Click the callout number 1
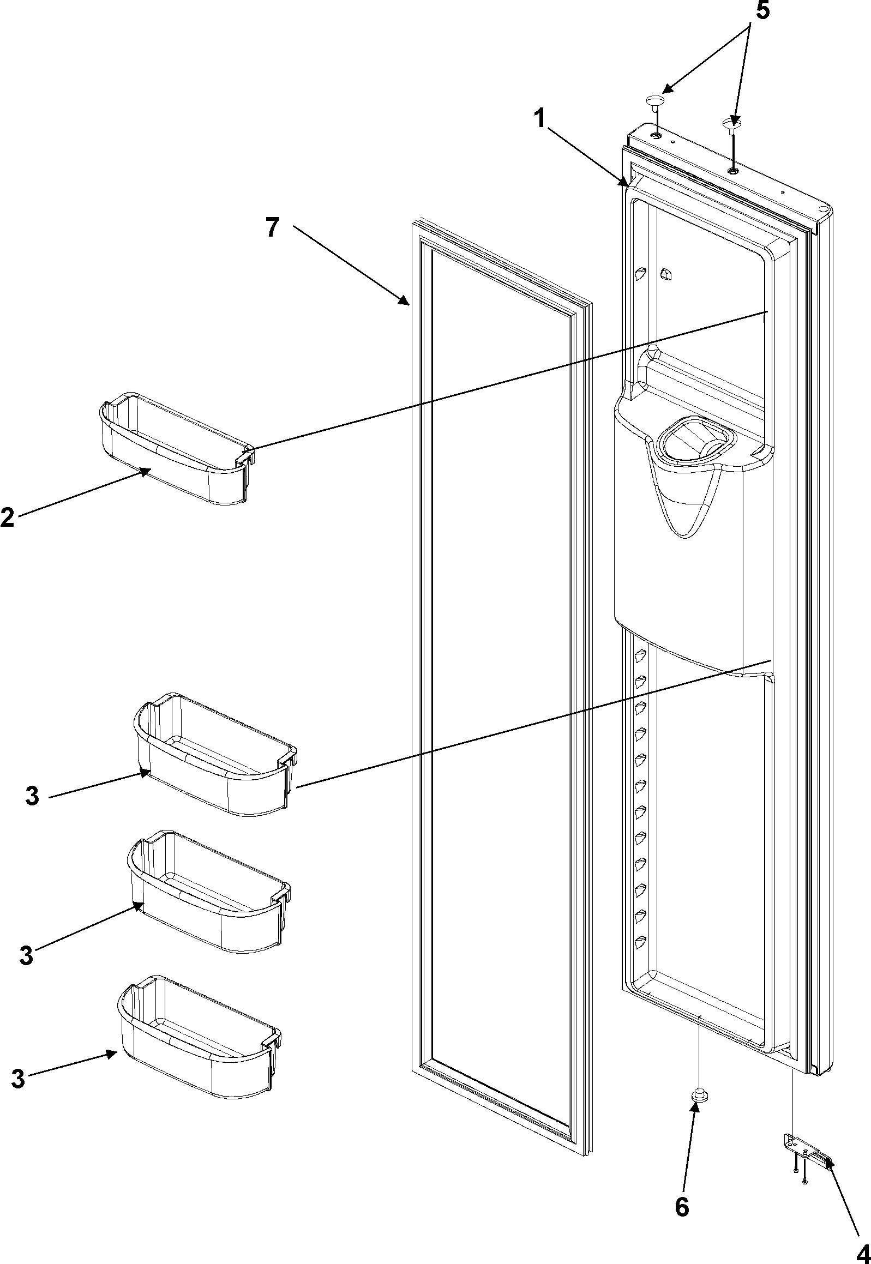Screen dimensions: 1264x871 click(540, 118)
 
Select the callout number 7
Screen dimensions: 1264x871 click(272, 227)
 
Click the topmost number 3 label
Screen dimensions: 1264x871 click(32, 796)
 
